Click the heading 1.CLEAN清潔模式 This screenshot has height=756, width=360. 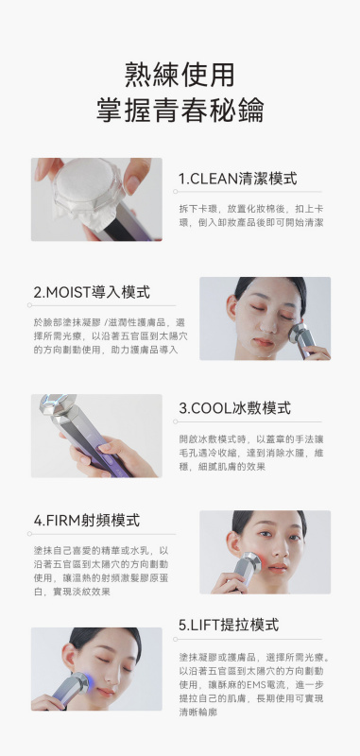point(237,179)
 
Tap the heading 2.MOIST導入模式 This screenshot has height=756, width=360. point(92,292)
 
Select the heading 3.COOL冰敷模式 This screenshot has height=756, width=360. point(234,408)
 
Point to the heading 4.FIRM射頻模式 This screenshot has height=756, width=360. point(87,521)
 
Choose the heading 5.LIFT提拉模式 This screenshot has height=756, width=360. point(229,626)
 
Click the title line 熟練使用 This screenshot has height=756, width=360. point(180,76)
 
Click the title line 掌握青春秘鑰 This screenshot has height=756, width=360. point(180,111)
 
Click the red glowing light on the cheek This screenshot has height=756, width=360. point(262,561)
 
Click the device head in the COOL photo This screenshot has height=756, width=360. point(58,406)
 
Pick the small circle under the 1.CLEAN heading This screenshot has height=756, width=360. point(176,192)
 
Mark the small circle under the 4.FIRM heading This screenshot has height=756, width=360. point(29,534)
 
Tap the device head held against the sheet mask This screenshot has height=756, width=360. point(298,334)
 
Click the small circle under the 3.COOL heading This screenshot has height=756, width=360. point(176,421)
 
